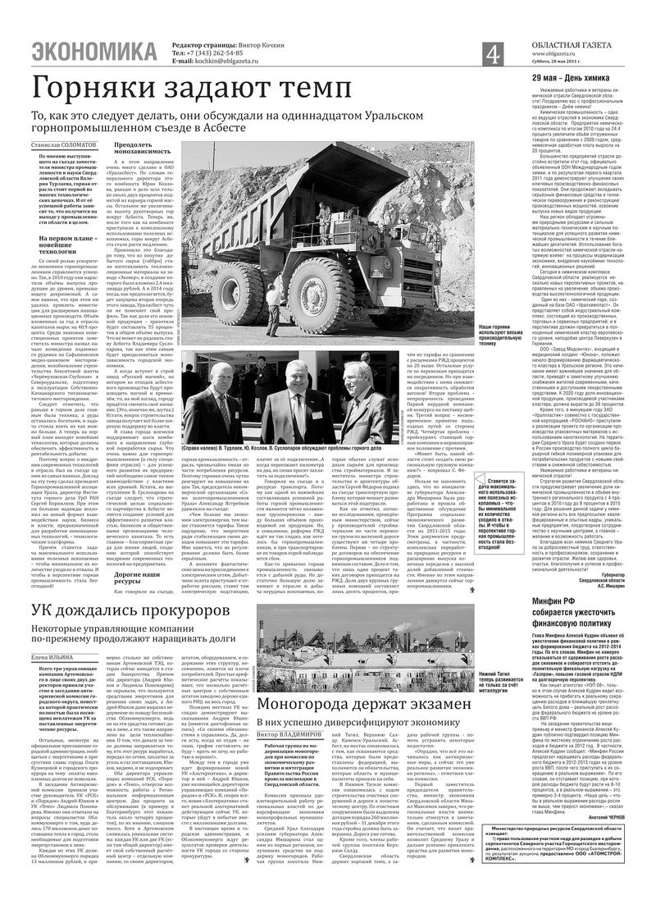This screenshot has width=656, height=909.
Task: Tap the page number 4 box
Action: coord(492,53)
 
